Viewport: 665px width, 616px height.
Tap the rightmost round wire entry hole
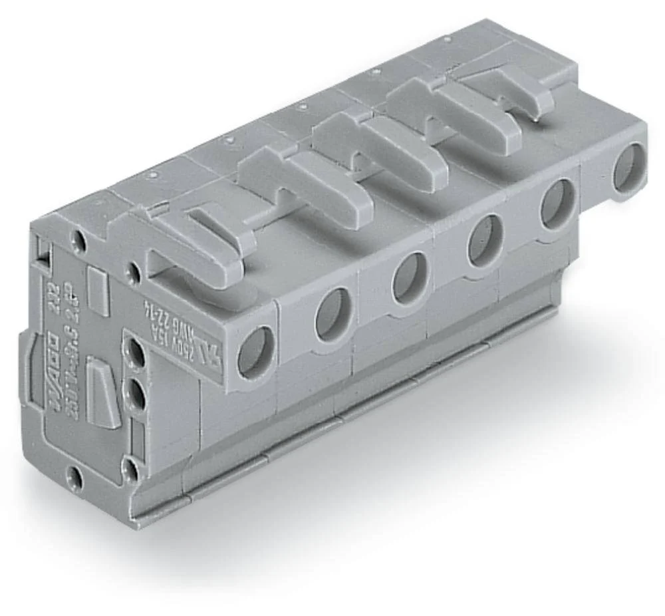point(628,168)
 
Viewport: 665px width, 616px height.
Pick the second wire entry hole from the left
point(333,314)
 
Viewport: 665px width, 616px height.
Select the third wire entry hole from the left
point(409,277)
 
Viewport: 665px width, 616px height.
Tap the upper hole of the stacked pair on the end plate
point(135,353)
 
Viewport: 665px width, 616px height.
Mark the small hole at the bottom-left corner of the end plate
point(76,478)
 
